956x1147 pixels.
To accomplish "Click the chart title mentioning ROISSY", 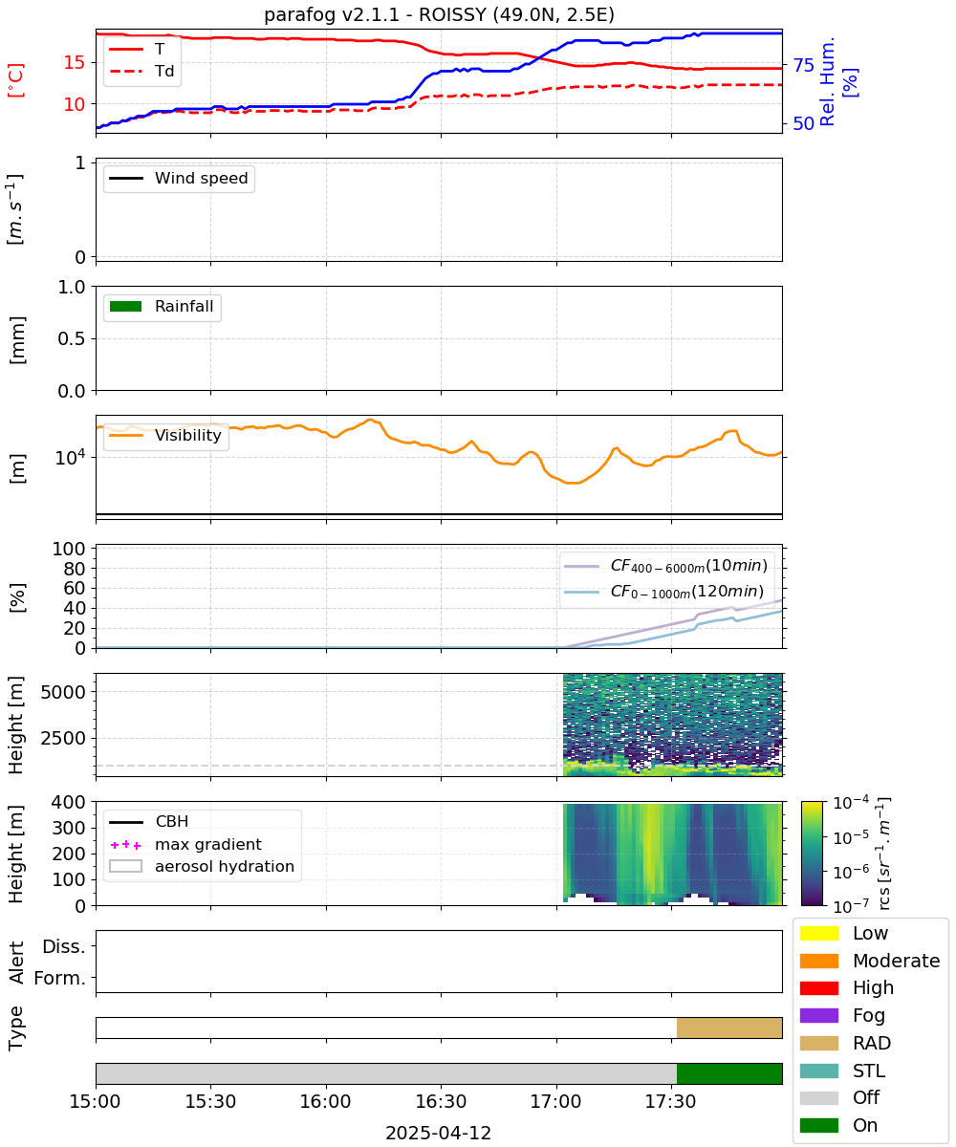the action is [439, 14].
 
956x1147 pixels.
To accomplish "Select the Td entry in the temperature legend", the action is [141, 72].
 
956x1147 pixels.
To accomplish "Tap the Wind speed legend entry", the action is [179, 178].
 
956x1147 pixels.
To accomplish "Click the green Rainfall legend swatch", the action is [126, 307].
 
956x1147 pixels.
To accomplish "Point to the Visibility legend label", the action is [188, 435].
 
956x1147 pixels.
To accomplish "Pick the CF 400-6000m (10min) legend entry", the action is [666, 565].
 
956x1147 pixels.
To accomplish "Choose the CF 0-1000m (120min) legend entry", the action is [664, 591].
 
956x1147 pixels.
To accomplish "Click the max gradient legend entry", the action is [185, 844].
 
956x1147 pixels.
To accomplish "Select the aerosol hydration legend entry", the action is [202, 866].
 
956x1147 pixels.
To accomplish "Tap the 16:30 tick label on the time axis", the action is [441, 1101].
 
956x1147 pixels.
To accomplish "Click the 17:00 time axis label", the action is [555, 1101].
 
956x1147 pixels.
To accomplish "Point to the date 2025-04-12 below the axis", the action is [439, 1133].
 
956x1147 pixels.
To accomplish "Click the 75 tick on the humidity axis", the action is [803, 65].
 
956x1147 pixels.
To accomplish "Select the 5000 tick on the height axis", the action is [63, 692].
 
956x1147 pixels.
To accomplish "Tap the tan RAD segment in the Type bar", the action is [729, 1028].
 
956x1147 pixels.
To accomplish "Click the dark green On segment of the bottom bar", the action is [729, 1073].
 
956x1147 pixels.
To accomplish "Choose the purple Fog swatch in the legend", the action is [818, 1015].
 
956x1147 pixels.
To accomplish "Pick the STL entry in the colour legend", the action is [842, 1071].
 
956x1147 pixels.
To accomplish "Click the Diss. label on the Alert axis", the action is [64, 946].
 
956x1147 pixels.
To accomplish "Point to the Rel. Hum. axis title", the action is [827, 81].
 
